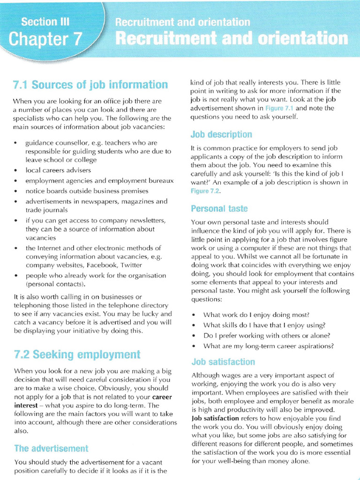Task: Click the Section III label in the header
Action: [x=45, y=22]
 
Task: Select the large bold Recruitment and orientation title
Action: [x=232, y=38]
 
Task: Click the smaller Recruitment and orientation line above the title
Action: [x=182, y=22]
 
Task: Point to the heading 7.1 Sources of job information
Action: [x=90, y=85]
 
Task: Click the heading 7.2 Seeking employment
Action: [x=77, y=354]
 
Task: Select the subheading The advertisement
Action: [x=51, y=448]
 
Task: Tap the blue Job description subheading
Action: [x=221, y=135]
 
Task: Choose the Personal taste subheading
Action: [x=219, y=208]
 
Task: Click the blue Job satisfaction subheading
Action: [x=223, y=362]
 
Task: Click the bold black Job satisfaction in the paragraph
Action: [x=215, y=418]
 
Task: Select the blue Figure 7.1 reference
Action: [x=279, y=108]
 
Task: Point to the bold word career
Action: [x=162, y=397]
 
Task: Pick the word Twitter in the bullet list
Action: [x=131, y=265]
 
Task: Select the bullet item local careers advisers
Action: [x=58, y=170]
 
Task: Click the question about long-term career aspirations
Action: [x=268, y=346]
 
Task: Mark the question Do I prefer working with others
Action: [x=266, y=336]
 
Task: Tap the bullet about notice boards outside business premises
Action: [x=87, y=191]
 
